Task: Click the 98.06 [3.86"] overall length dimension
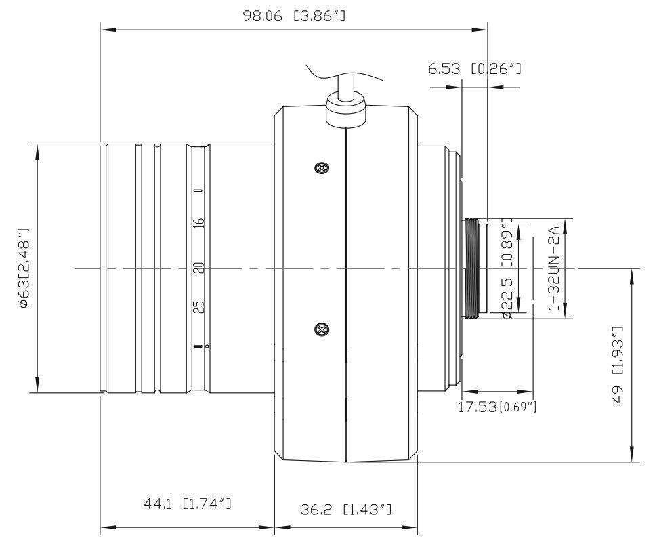294,16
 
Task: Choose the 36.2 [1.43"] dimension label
346,509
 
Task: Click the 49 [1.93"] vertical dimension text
617,366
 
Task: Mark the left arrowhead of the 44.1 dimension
106,526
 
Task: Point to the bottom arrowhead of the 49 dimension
632,457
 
